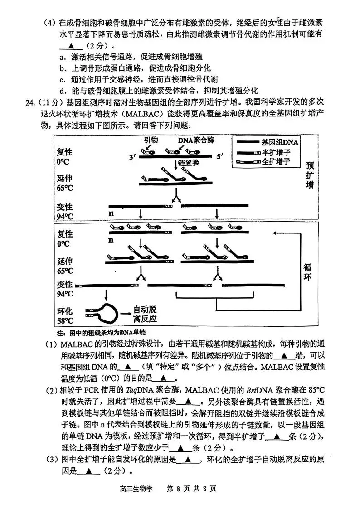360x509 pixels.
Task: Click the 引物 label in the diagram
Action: [x=151, y=141]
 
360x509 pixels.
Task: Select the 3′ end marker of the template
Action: [x=132, y=157]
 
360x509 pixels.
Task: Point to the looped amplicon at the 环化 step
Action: [x=102, y=312]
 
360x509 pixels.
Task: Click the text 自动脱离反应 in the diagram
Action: [x=145, y=314]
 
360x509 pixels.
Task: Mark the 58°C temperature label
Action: [x=65, y=321]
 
